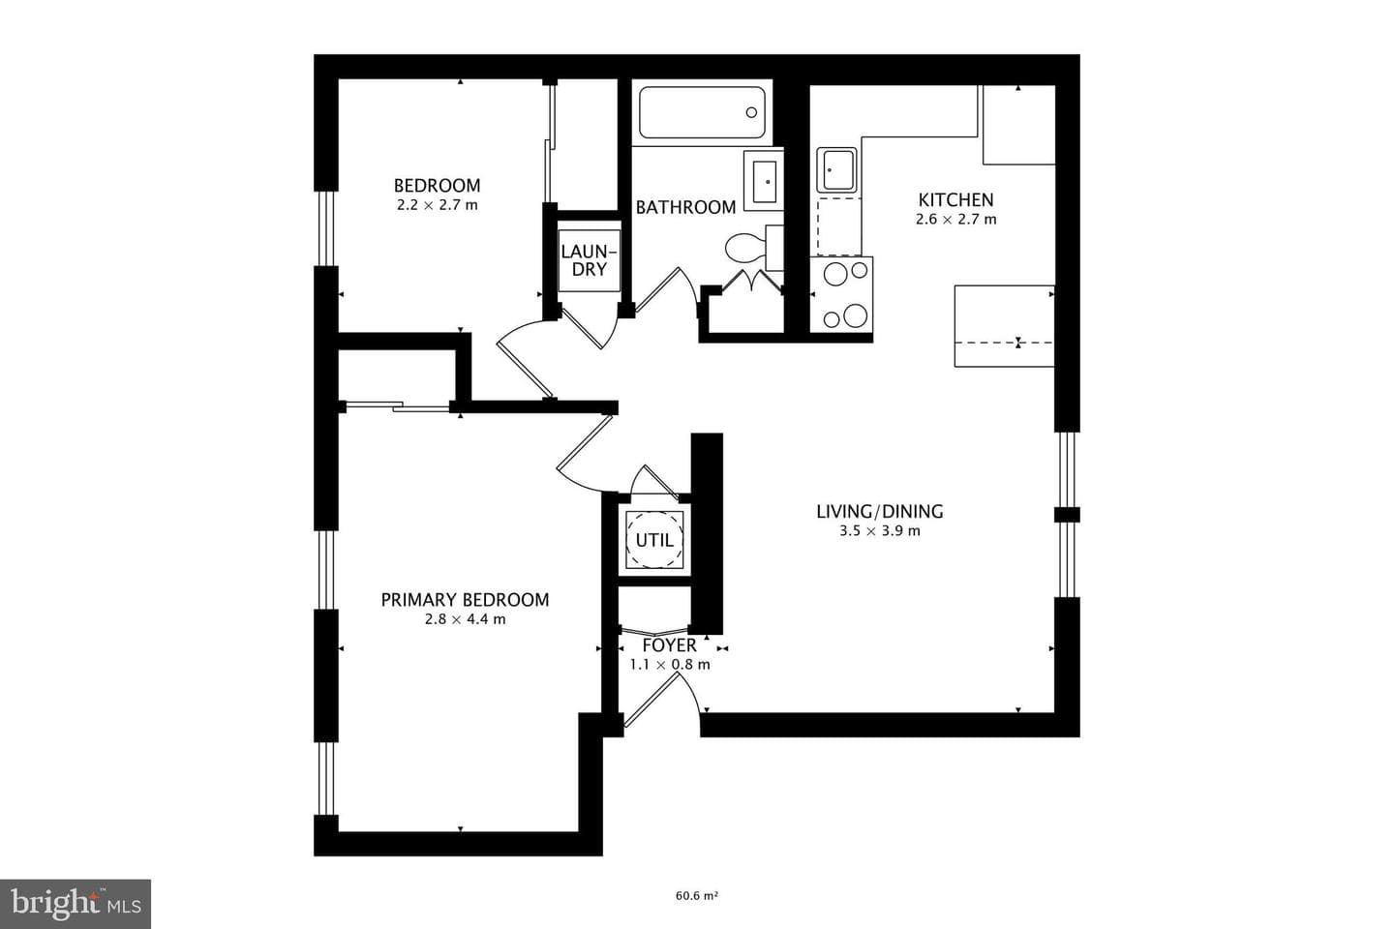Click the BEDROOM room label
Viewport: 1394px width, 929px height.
[x=437, y=186]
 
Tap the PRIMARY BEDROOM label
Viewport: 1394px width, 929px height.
[x=465, y=600]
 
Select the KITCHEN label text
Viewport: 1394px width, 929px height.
[x=955, y=199]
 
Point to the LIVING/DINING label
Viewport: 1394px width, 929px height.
[x=879, y=512]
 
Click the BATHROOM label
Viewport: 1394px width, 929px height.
[x=685, y=207]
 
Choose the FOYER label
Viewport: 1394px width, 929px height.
[x=670, y=645]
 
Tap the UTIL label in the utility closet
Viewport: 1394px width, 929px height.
[x=654, y=540]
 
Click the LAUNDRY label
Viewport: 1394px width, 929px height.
[x=589, y=260]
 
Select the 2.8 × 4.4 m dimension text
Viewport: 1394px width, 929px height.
[x=465, y=619]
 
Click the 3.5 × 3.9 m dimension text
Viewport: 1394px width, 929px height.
[x=879, y=531]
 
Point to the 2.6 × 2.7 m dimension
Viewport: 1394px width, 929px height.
[x=955, y=220]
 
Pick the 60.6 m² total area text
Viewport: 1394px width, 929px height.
[x=697, y=896]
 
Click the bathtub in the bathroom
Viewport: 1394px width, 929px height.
[x=702, y=112]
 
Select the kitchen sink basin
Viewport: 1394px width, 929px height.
[x=837, y=170]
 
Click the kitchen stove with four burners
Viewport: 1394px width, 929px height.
[x=841, y=294]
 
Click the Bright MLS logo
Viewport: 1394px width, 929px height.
[x=76, y=904]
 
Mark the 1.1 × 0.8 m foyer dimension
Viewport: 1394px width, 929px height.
[x=670, y=665]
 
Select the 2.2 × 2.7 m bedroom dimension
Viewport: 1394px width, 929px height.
[x=437, y=205]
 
